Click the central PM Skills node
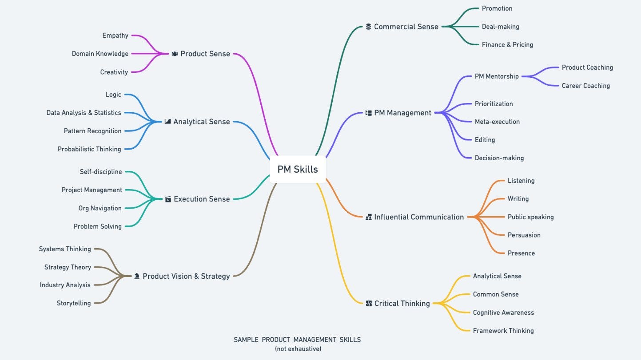point(297,169)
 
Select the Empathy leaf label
point(115,36)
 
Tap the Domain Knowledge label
point(100,54)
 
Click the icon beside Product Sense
point(175,54)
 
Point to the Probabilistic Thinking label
point(89,149)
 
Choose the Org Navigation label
point(100,208)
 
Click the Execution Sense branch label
point(202,199)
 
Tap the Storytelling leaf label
point(74,303)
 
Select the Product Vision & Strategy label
point(186,276)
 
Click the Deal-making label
point(500,27)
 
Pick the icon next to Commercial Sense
point(368,27)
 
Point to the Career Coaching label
point(585,86)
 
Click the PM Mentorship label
point(497,76)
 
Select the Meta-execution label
point(497,122)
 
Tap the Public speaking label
point(530,217)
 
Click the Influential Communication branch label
point(419,217)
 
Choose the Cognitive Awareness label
point(503,313)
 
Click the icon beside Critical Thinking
point(369,304)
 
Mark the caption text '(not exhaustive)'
point(298,349)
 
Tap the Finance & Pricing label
point(507,44)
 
